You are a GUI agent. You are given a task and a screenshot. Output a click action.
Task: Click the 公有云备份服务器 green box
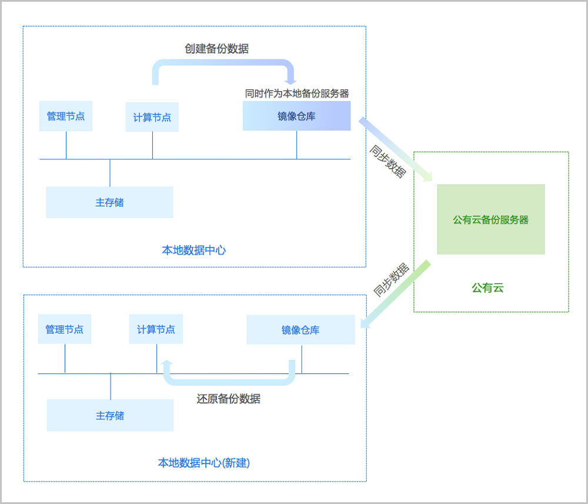490,219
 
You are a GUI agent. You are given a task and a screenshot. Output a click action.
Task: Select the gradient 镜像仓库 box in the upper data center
296,116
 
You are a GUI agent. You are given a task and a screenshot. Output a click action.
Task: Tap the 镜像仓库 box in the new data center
300,330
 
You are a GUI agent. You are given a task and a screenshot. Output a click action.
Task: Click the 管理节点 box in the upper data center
66,116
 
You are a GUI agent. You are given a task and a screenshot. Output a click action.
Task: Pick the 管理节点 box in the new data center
65,329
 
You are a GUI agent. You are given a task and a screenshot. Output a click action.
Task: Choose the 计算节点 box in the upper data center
152,117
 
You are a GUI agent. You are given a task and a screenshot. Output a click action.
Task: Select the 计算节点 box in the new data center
156,329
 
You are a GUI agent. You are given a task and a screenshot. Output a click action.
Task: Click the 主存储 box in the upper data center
110,202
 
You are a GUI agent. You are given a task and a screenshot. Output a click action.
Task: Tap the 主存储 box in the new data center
111,416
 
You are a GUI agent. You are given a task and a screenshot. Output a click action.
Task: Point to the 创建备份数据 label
216,49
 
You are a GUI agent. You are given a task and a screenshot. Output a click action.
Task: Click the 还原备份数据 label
228,399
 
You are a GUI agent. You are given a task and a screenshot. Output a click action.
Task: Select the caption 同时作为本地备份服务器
297,93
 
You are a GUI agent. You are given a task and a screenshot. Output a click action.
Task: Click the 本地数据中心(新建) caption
204,463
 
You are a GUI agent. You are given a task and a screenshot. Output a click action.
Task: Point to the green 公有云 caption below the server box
487,288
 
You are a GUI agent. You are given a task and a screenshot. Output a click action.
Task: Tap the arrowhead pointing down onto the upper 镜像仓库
289,80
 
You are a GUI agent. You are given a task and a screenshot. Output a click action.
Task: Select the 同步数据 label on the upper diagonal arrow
387,161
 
